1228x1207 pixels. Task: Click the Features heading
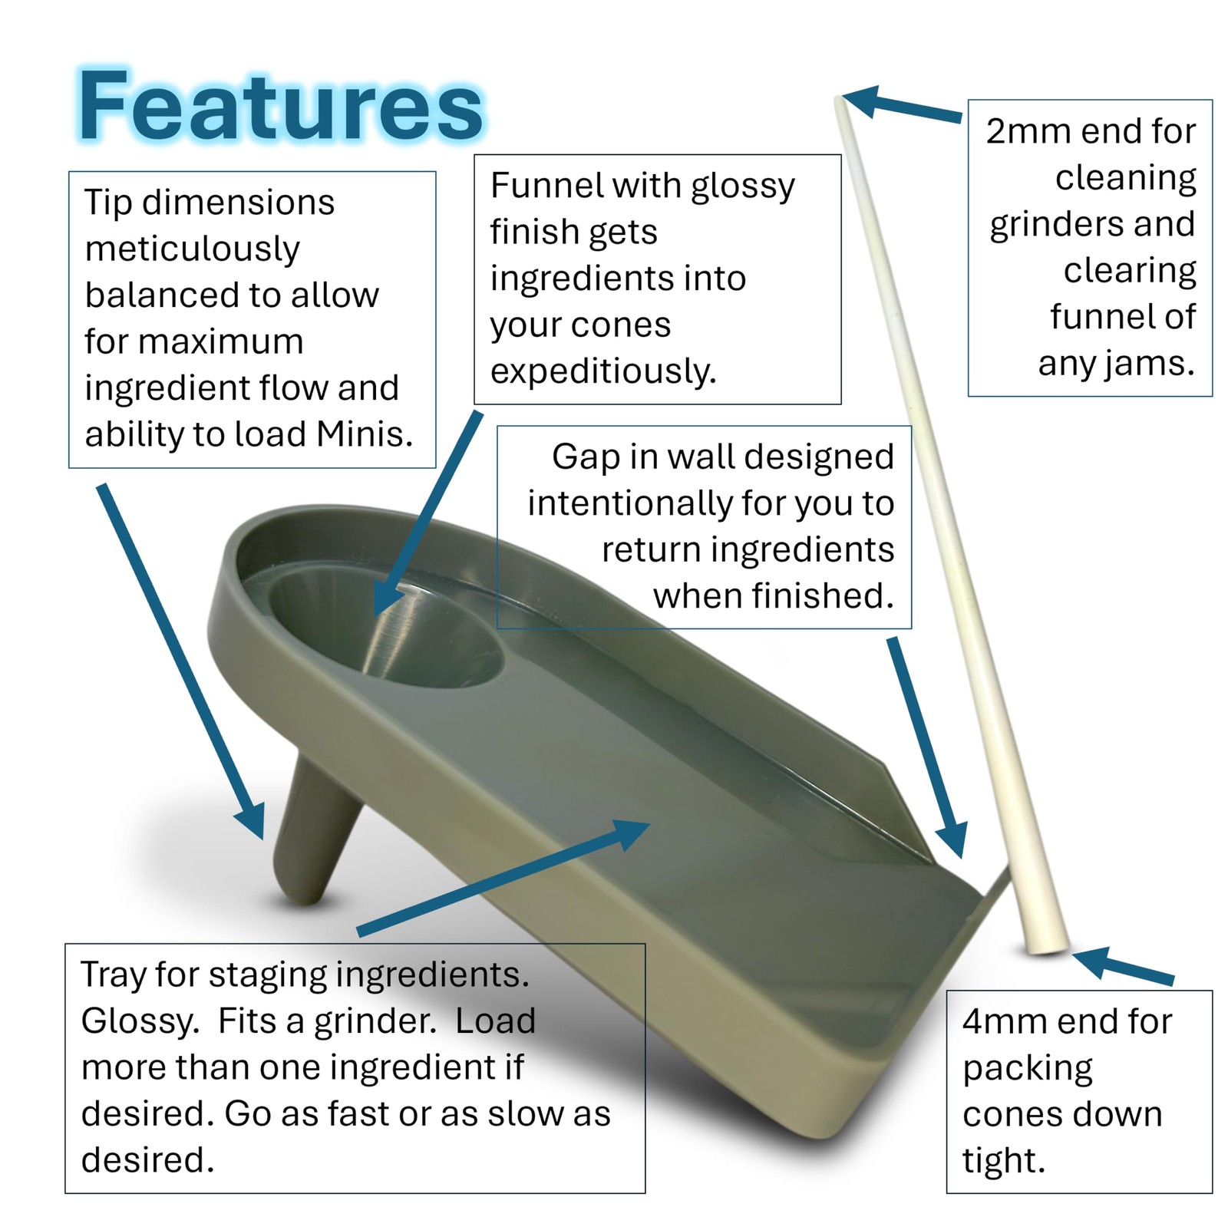click(x=280, y=106)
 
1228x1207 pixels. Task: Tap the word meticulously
click(x=192, y=249)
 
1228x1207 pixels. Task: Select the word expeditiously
click(x=603, y=372)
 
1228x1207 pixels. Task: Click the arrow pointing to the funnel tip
click(x=181, y=662)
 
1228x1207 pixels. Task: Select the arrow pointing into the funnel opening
click(x=427, y=513)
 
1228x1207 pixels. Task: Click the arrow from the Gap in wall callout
click(x=927, y=747)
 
